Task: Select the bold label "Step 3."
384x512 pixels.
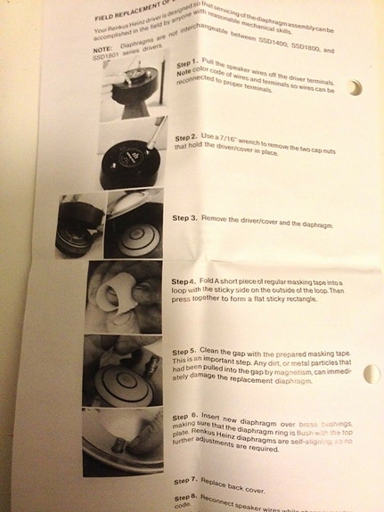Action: tap(185, 217)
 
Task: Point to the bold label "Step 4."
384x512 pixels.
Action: tap(184, 280)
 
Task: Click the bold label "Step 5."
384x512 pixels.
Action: tap(184, 352)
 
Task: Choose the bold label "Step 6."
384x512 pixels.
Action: tap(184, 418)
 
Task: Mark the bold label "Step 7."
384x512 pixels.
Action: tap(185, 481)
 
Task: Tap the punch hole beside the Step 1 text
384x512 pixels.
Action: tap(357, 87)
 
